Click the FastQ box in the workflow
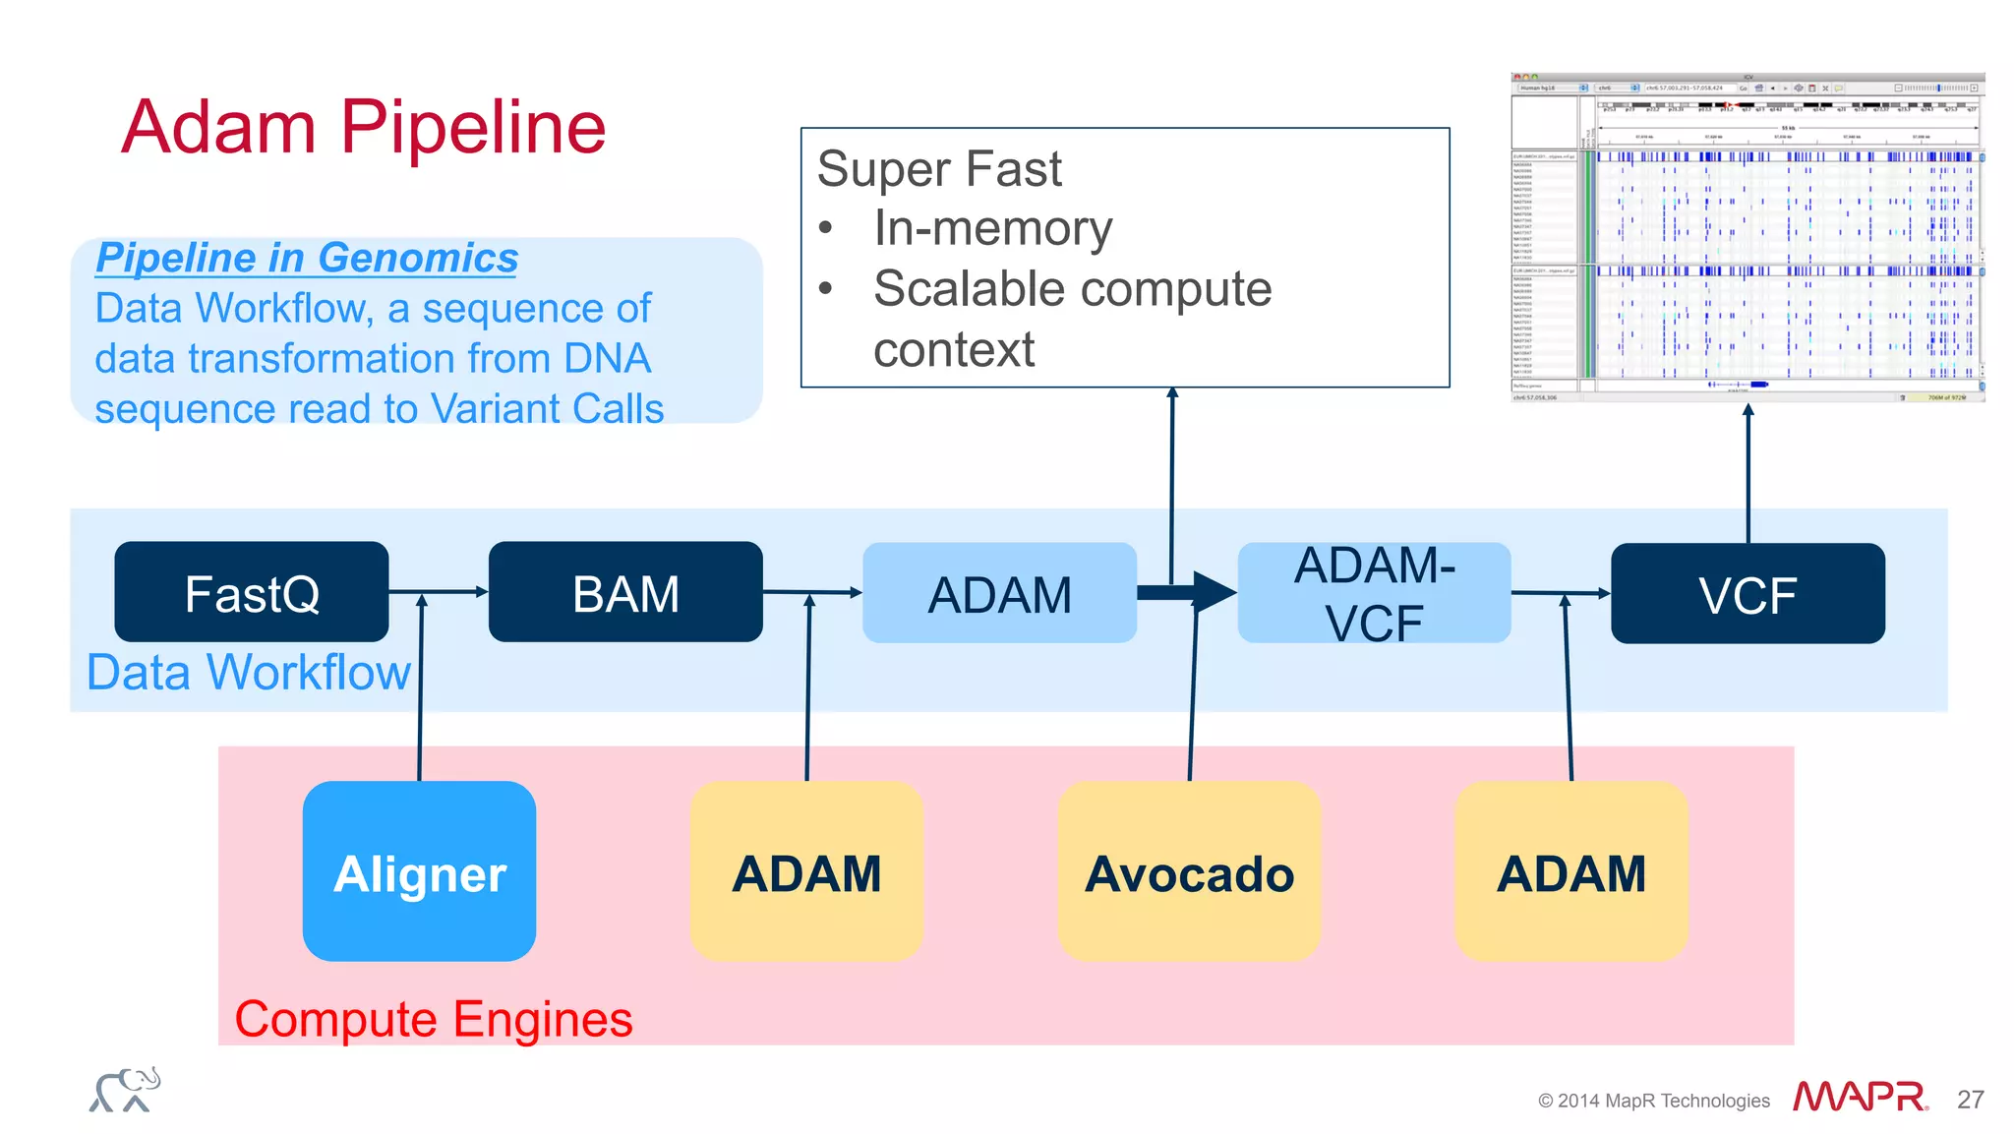tap(251, 592)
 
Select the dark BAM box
tap(625, 592)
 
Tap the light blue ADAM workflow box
tap(999, 593)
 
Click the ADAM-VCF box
tap(1374, 593)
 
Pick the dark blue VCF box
tap(1747, 594)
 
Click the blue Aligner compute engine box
tap(419, 871)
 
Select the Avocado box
tap(1189, 871)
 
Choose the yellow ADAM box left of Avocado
tap(806, 871)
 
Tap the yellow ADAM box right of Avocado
tap(1570, 871)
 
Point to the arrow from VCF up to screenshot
tap(1747, 472)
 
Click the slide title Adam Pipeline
tap(363, 127)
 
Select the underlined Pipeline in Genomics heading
tap(307, 258)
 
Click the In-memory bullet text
tap(992, 228)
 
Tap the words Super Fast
tap(939, 168)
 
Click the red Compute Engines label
tap(433, 1019)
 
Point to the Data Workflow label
tap(248, 673)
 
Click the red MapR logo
tap(1859, 1096)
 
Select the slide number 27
tap(1970, 1099)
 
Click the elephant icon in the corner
tap(125, 1090)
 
